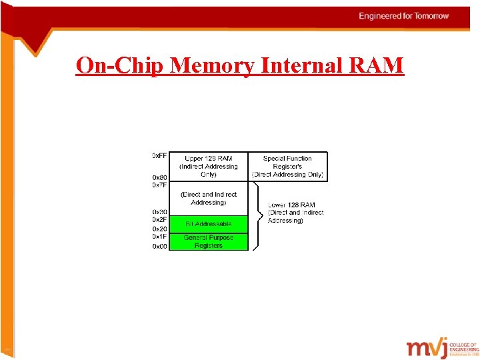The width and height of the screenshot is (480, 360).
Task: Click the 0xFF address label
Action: pyautogui.click(x=159, y=156)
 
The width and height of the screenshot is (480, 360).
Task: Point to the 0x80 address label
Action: pyautogui.click(x=159, y=177)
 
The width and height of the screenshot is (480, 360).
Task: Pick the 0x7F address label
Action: pyautogui.click(x=159, y=185)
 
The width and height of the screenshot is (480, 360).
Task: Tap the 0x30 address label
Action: pyautogui.click(x=159, y=212)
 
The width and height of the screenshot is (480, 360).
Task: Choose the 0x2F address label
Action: pyautogui.click(x=159, y=220)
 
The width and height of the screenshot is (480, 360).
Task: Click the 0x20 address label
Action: pyautogui.click(x=159, y=229)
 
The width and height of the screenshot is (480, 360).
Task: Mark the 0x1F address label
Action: pyautogui.click(x=159, y=237)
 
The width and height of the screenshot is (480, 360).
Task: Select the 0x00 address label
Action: pyautogui.click(x=159, y=246)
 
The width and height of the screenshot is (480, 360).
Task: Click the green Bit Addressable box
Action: pyautogui.click(x=209, y=224)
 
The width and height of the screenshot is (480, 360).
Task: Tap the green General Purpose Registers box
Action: pyautogui.click(x=209, y=241)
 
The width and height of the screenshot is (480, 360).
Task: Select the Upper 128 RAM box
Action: pyautogui.click(x=209, y=167)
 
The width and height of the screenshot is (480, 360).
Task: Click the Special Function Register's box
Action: pyautogui.click(x=287, y=167)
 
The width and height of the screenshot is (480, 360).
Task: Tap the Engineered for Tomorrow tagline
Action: pyautogui.click(x=403, y=15)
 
